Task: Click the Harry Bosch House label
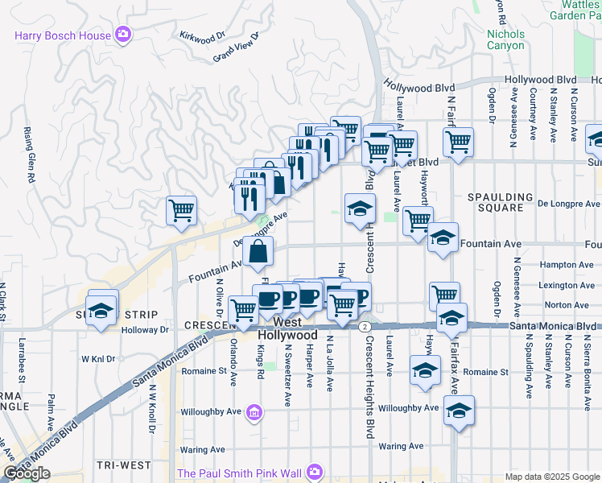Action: click(64, 34)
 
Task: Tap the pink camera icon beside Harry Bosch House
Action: click(123, 34)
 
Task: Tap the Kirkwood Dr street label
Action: click(202, 37)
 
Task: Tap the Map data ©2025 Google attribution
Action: click(551, 477)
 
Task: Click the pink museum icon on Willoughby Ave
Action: click(254, 414)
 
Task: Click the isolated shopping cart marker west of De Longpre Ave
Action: click(182, 211)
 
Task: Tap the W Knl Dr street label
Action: click(97, 359)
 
